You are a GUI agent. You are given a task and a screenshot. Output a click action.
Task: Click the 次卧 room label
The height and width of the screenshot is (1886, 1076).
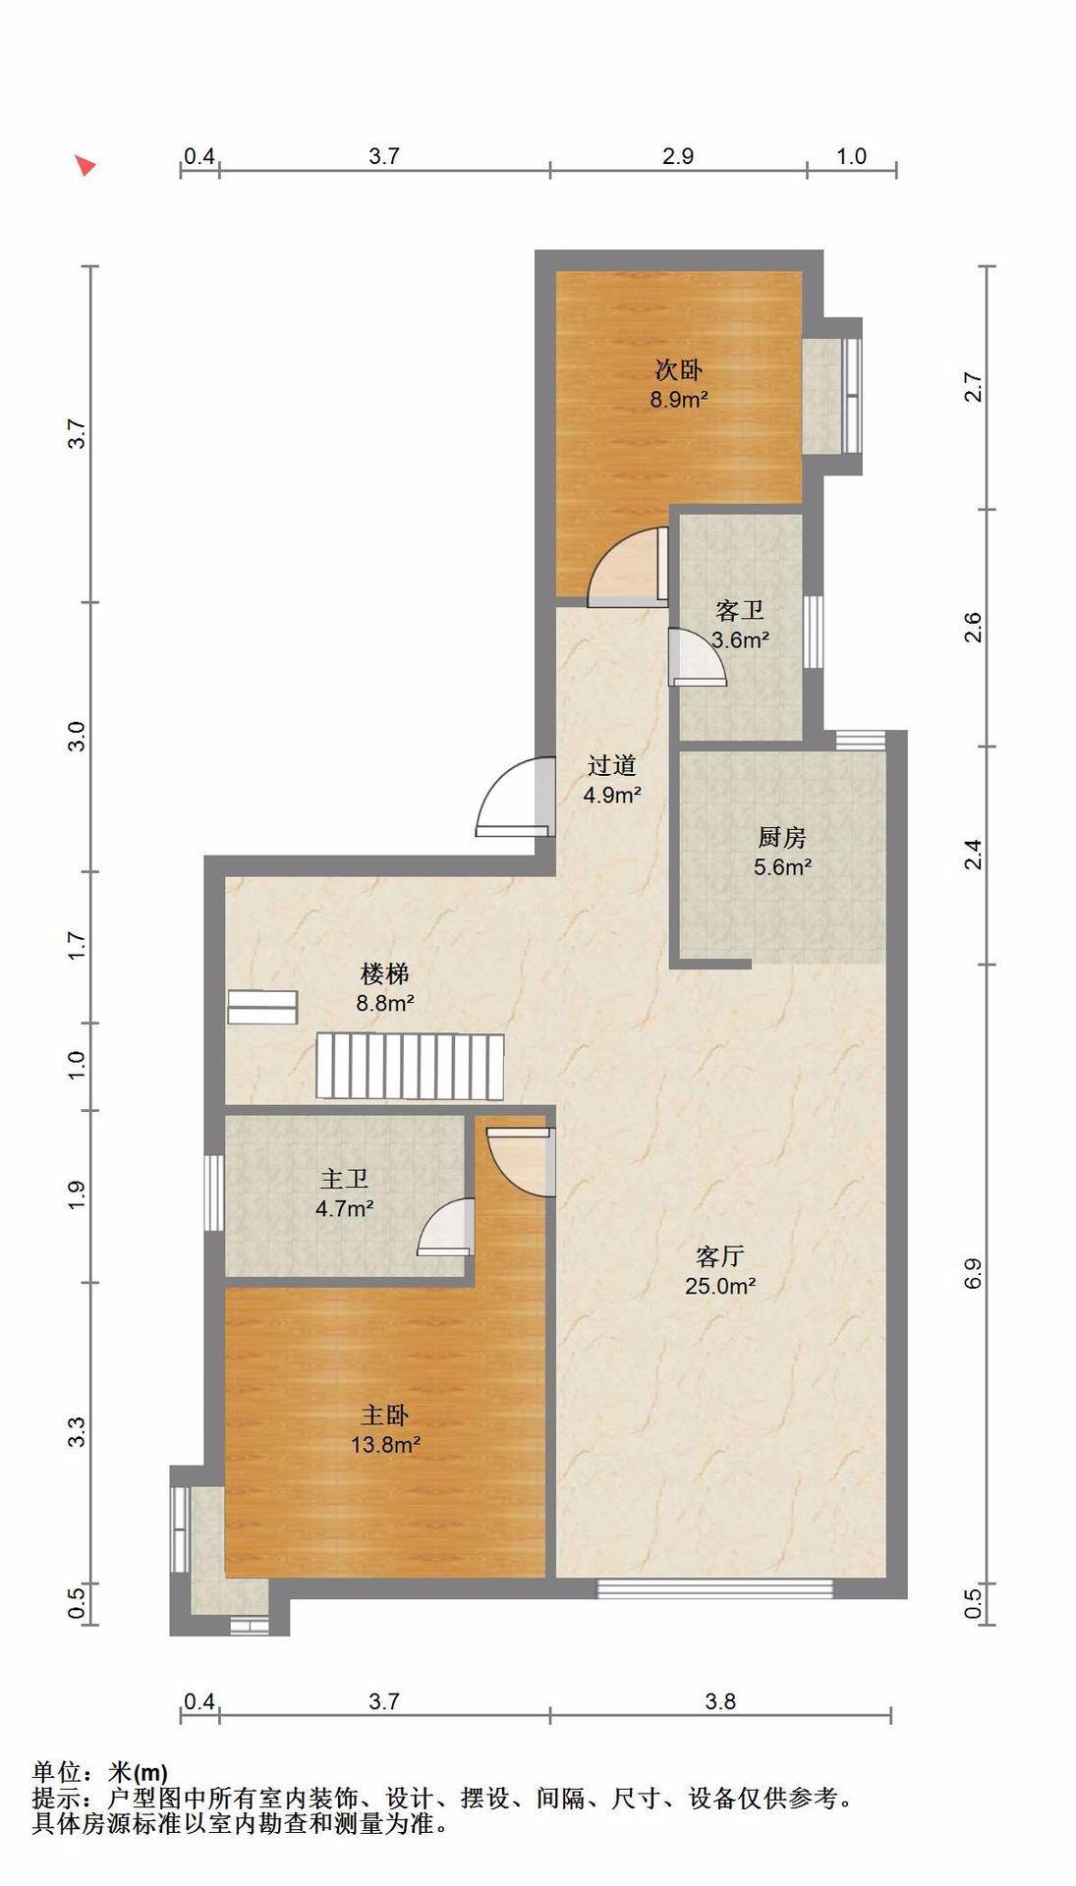pyautogui.click(x=678, y=370)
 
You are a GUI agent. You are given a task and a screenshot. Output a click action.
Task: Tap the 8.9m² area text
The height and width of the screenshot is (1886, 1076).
pyautogui.click(x=678, y=400)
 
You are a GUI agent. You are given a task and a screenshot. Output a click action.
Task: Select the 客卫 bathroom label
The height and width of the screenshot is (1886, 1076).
pyautogui.click(x=740, y=611)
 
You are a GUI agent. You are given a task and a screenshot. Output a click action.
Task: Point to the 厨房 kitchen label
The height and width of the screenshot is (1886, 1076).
pyautogui.click(x=782, y=837)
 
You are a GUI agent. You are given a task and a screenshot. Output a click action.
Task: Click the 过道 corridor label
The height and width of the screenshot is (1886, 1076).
pyautogui.click(x=611, y=765)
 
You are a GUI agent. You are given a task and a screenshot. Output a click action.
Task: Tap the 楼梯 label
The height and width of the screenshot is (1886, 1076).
pyautogui.click(x=384, y=974)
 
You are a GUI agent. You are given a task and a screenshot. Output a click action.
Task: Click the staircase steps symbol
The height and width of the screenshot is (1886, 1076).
pyautogui.click(x=410, y=1066)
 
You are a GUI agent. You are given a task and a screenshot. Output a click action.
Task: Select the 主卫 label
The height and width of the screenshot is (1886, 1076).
pyautogui.click(x=344, y=1179)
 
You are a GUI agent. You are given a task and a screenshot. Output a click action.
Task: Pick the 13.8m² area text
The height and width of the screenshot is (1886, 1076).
pyautogui.click(x=385, y=1445)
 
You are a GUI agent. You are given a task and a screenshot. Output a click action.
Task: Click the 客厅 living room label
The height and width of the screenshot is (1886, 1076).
pyautogui.click(x=719, y=1256)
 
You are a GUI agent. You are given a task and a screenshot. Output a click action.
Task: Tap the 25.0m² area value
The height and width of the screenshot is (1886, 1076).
pyautogui.click(x=719, y=1286)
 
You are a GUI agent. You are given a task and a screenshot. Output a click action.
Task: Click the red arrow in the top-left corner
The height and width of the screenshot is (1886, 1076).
pyautogui.click(x=86, y=165)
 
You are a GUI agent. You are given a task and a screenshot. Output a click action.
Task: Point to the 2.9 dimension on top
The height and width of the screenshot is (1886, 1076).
pyautogui.click(x=678, y=156)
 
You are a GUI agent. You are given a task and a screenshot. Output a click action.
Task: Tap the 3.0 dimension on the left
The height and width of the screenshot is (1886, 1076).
pyautogui.click(x=77, y=736)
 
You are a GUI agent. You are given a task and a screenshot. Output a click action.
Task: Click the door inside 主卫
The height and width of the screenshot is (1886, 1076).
pyautogui.click(x=447, y=1228)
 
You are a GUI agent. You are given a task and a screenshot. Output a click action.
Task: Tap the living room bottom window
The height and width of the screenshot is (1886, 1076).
pyautogui.click(x=715, y=1588)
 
